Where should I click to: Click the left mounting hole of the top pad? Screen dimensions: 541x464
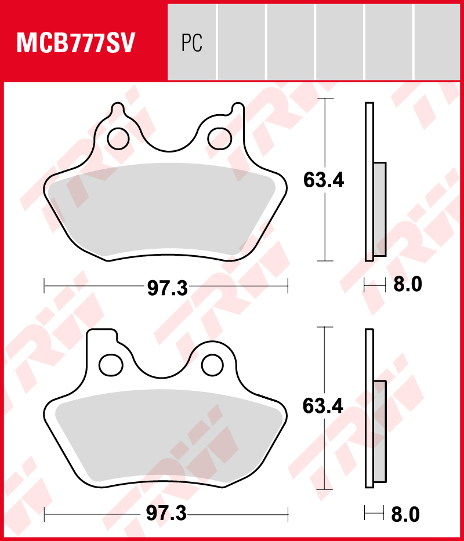(118, 138)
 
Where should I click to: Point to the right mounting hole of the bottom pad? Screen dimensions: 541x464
(213, 364)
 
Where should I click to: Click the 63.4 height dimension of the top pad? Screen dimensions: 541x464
(324, 181)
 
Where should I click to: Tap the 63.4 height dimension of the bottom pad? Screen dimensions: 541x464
(323, 406)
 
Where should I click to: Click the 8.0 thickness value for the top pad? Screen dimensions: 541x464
(408, 285)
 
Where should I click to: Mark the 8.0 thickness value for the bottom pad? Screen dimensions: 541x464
(406, 514)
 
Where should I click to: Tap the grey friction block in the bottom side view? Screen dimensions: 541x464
(380, 432)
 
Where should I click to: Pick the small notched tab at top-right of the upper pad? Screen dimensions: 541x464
(238, 110)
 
